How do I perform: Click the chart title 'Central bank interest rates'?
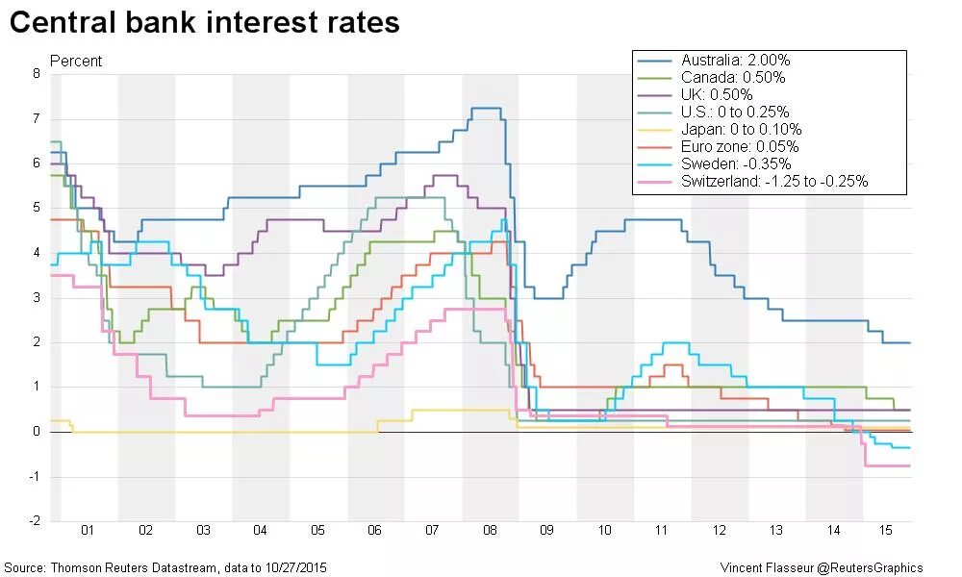click(x=204, y=23)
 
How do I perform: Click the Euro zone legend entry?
click(x=740, y=147)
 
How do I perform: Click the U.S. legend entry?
click(x=736, y=113)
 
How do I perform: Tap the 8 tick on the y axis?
click(x=37, y=74)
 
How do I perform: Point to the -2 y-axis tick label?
click(x=35, y=521)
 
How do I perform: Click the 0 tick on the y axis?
click(x=37, y=432)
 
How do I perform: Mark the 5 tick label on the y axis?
click(x=37, y=208)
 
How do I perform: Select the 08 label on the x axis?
click(x=490, y=531)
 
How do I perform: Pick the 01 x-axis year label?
click(x=89, y=531)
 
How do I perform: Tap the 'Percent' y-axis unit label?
click(x=76, y=61)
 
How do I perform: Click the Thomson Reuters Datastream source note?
click(x=165, y=567)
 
